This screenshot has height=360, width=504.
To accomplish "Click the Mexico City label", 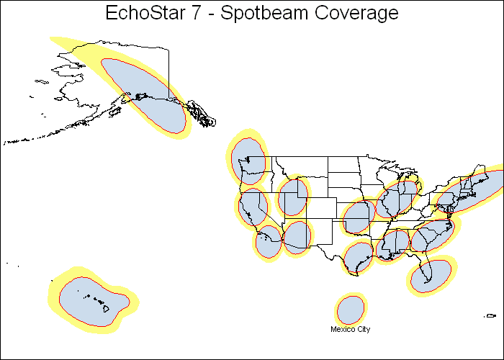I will (x=350, y=330).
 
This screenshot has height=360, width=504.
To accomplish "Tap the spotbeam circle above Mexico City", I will (x=351, y=310).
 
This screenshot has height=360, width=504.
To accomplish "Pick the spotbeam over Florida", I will (x=431, y=274).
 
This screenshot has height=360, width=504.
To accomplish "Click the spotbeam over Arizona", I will (x=297, y=237).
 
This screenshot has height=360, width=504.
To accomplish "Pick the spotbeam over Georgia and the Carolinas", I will (x=433, y=235).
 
